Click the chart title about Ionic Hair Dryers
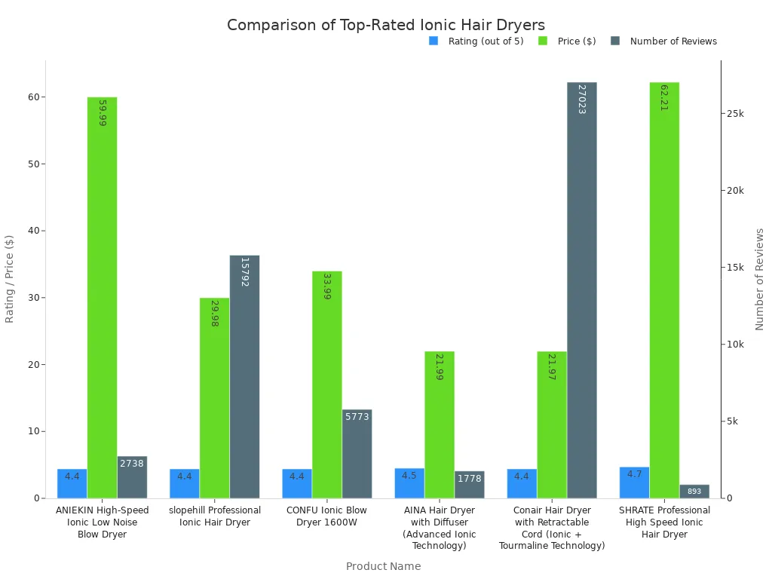[386, 25]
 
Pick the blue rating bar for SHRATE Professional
[634, 482]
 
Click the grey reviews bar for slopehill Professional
[244, 376]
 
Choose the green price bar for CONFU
[326, 384]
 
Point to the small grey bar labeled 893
[694, 492]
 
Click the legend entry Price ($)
[577, 41]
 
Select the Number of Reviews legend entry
[673, 41]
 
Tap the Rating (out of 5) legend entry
[486, 41]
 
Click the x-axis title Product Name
[383, 566]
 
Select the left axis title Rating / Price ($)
[10, 279]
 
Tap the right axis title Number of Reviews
[759, 279]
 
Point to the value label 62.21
[664, 97]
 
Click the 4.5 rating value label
[409, 476]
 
